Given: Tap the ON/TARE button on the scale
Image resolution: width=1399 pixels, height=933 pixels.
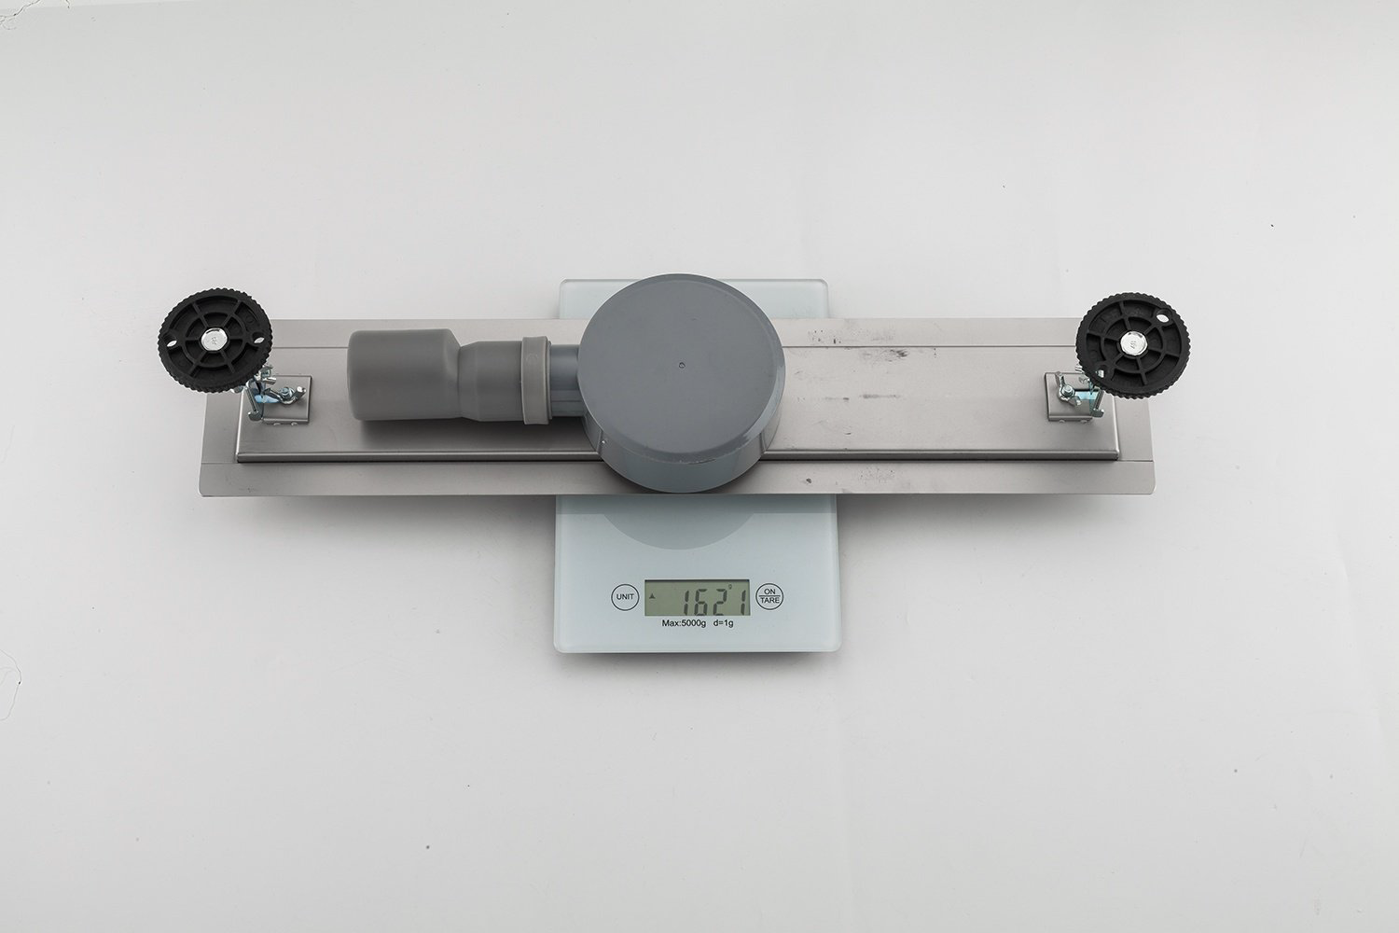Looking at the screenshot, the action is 769,597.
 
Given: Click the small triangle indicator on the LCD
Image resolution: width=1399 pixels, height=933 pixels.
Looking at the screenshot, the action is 653,596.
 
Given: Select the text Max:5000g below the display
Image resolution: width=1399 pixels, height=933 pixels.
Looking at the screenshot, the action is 684,623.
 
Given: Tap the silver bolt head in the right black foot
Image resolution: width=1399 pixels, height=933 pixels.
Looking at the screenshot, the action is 1131,342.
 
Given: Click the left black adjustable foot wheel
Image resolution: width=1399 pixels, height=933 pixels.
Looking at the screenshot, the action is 215,341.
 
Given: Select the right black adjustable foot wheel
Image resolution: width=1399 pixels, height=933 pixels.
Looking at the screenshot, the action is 1132,343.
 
